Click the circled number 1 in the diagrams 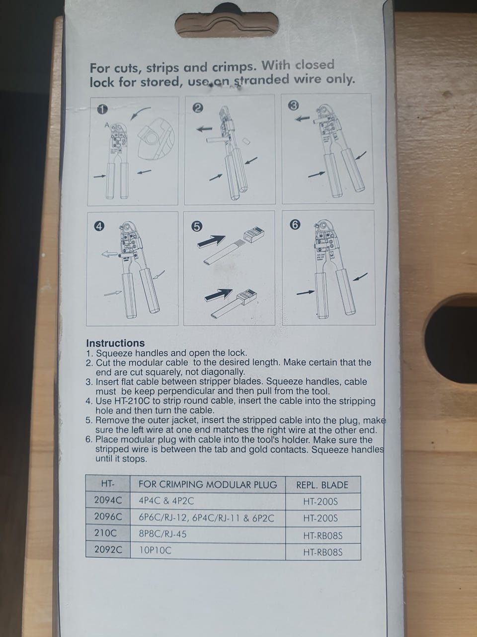pos(102,109)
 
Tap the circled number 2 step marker pos(198,108)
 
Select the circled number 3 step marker pos(293,106)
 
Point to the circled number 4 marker pos(99,226)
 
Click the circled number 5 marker pos(197,226)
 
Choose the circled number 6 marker pos(295,224)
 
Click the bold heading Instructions pos(115,343)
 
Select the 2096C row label pos(108,517)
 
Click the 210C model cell pos(105,533)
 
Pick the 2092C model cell pos(108,549)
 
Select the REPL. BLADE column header pos(322,485)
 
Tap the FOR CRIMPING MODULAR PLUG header pos(208,484)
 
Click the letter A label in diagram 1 pos(107,125)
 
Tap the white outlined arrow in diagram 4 pos(109,254)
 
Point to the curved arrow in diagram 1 pos(139,112)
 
